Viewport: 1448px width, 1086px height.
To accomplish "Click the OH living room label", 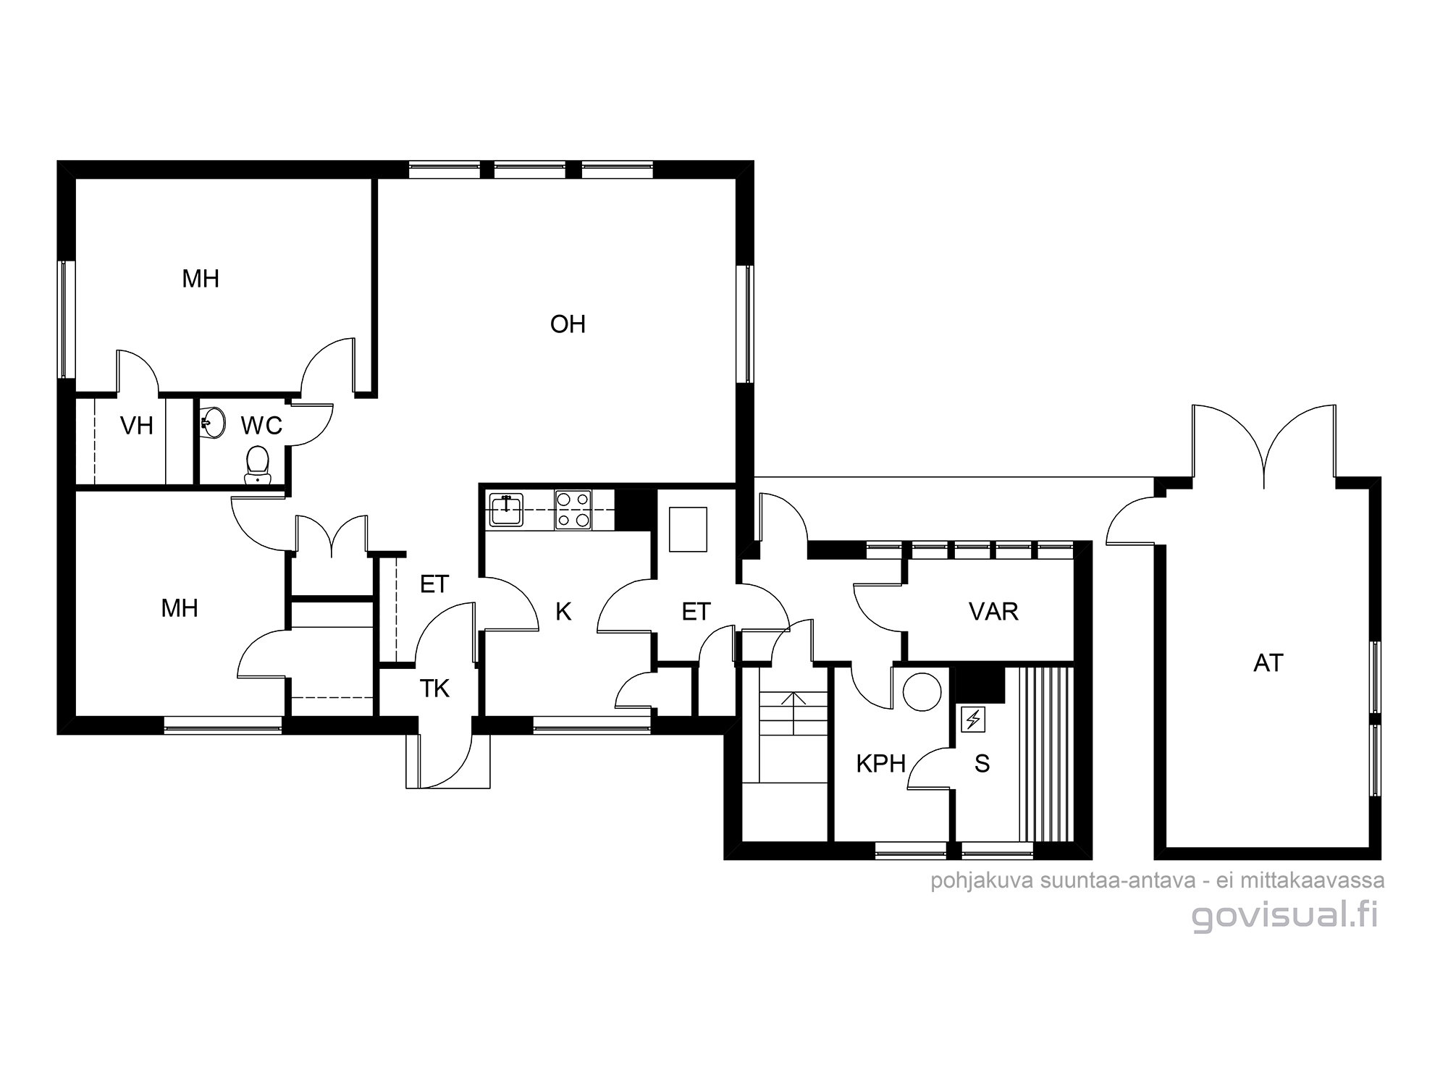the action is click(x=568, y=324).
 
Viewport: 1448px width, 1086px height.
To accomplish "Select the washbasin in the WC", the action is click(x=212, y=423).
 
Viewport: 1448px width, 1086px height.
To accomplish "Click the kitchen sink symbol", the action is click(x=506, y=509).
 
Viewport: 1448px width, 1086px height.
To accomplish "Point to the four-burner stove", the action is click(x=573, y=510).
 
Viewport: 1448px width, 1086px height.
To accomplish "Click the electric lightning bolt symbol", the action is click(x=973, y=720).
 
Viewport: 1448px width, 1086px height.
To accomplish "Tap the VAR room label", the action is click(x=993, y=612).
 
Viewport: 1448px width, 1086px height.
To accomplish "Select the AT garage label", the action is click(x=1268, y=663).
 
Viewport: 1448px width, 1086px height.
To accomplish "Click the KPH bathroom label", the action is click(x=880, y=764).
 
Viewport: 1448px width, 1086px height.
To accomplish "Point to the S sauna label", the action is click(x=982, y=764).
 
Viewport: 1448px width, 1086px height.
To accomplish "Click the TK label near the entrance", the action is click(x=434, y=689).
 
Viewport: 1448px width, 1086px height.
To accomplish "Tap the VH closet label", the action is click(x=137, y=426).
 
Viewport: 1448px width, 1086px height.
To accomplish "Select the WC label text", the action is click(x=261, y=426).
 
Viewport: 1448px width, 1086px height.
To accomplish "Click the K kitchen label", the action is click(x=563, y=612).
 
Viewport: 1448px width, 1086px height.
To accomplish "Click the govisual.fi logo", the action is click(x=1284, y=917).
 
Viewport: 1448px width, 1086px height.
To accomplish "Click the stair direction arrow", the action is click(x=794, y=713).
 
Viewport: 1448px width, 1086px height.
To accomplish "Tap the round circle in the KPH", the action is click(x=922, y=691).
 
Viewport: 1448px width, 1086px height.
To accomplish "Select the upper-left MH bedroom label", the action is click(x=201, y=279).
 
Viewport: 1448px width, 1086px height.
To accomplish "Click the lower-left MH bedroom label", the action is click(x=180, y=608).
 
